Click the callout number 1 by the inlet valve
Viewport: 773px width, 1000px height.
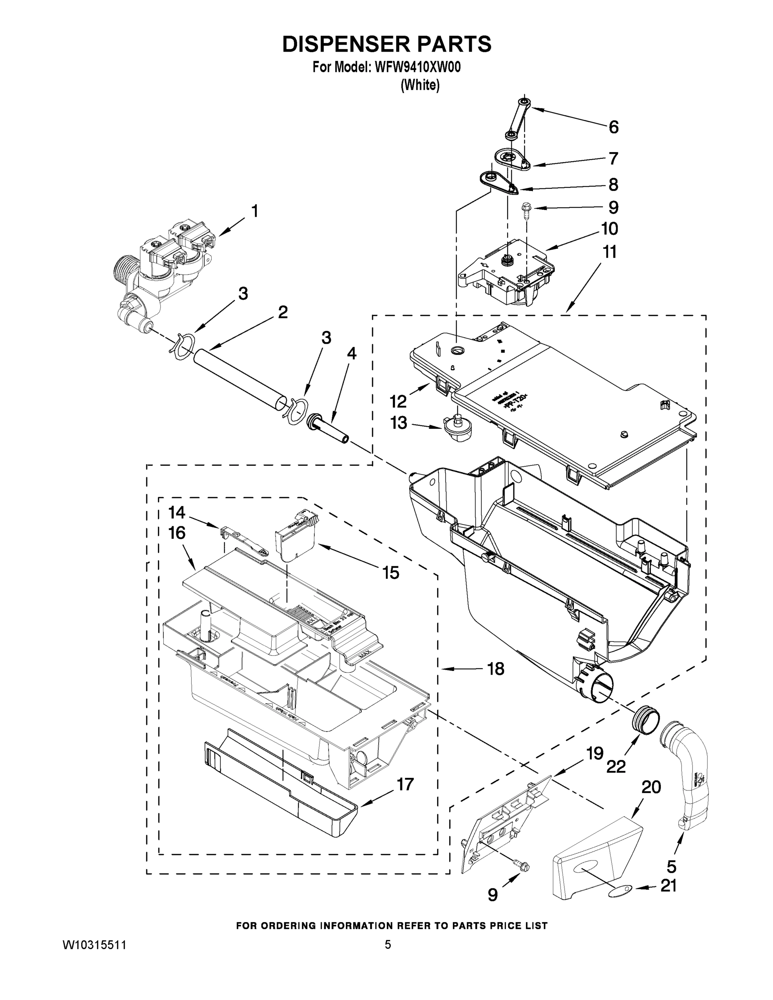click(x=255, y=211)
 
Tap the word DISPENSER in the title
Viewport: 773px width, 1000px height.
click(x=346, y=45)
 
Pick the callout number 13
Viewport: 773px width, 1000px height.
click(x=398, y=422)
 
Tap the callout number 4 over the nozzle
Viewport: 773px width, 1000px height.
click(x=351, y=353)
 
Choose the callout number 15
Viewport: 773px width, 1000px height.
click(x=390, y=572)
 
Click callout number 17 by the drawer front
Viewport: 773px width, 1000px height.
click(x=405, y=784)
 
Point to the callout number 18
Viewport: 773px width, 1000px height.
click(x=495, y=669)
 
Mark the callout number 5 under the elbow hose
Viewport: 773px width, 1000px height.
click(x=671, y=866)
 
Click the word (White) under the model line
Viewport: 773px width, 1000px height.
click(x=420, y=85)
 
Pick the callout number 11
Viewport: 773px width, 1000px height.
click(x=610, y=252)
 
